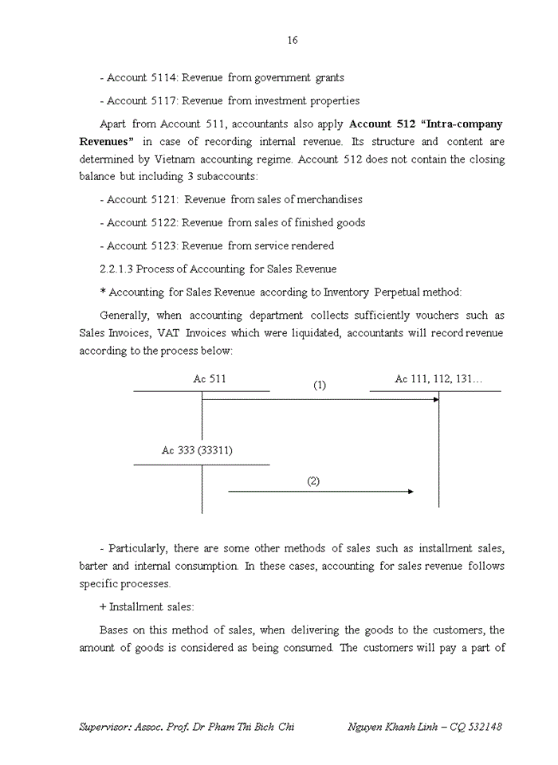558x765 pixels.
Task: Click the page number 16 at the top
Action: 293,40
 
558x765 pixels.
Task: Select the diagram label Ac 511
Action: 210,379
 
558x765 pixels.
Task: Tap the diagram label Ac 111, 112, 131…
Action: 438,379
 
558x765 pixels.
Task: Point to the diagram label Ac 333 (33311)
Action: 197,450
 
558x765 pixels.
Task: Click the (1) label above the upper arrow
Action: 320,385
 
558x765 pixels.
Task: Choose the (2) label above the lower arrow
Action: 313,481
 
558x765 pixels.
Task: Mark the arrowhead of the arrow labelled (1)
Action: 435,398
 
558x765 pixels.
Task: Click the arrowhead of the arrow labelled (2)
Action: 410,492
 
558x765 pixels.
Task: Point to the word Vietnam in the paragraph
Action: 175,159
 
